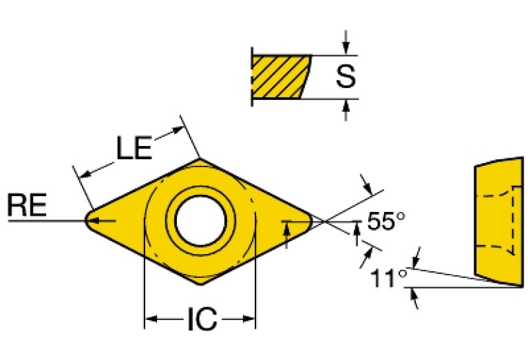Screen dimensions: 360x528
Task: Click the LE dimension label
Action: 134,148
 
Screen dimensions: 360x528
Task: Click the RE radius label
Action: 26,206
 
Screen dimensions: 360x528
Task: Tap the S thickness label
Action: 346,77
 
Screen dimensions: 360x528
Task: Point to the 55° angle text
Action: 386,222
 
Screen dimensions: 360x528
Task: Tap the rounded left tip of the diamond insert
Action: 88,220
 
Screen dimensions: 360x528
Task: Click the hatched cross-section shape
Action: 278,77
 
